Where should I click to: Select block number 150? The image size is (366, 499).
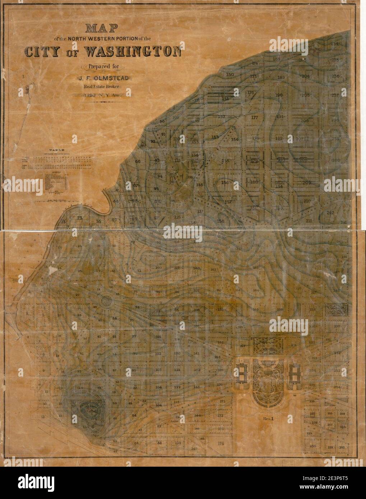(x=230, y=75)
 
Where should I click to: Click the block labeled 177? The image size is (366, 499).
(x=255, y=118)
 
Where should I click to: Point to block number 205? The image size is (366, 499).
(x=306, y=95)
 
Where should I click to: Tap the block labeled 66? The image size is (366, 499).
(x=138, y=162)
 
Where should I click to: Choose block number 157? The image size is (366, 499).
(x=228, y=202)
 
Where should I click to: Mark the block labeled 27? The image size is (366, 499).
(x=77, y=295)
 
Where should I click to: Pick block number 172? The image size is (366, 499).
(x=220, y=416)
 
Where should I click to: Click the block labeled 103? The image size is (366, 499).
(x=158, y=370)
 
